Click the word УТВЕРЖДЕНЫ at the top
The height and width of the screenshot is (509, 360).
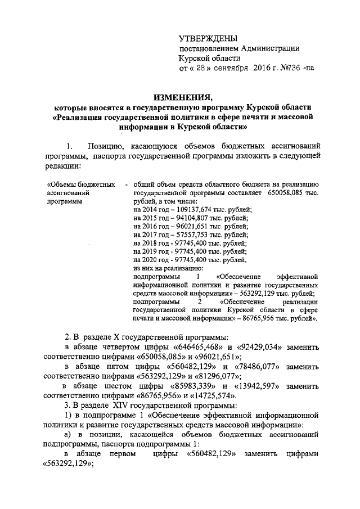coord(204,38)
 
